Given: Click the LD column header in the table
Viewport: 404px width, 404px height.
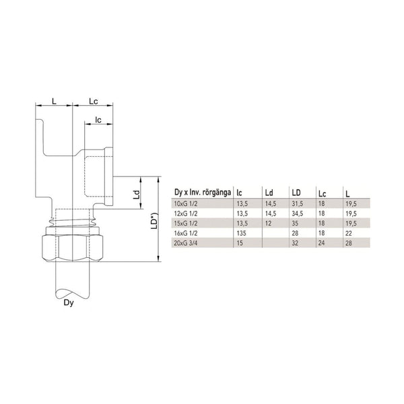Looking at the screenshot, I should (295, 192).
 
